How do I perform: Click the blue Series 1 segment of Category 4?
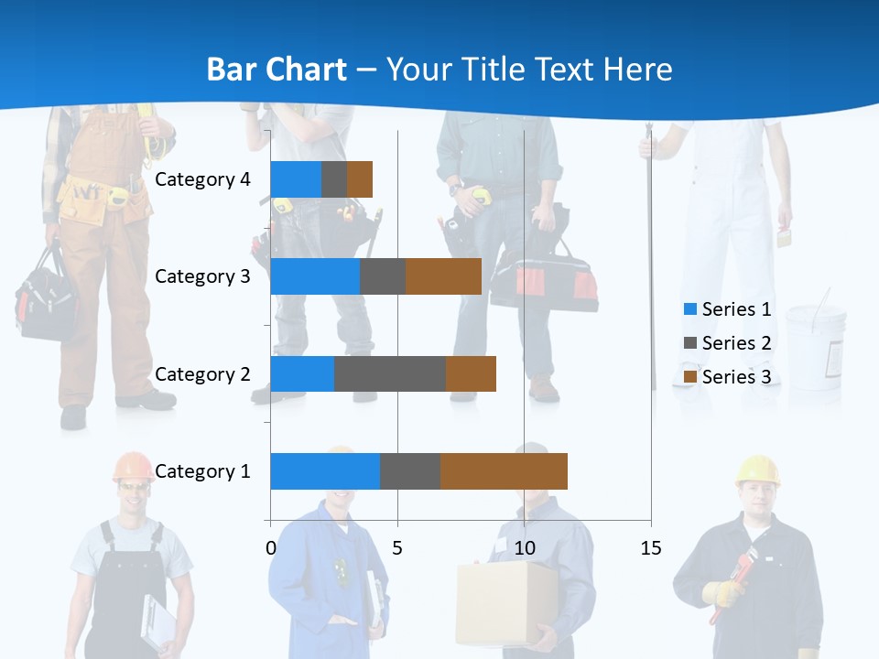296,179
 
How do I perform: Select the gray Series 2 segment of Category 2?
390,373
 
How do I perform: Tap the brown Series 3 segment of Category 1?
504,470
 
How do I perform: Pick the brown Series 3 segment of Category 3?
443,276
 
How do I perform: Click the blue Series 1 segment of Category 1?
325,470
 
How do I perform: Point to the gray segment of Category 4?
334,179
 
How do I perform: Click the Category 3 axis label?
202,276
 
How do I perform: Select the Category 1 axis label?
202,471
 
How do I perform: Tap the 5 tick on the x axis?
397,548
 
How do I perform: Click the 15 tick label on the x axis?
650,548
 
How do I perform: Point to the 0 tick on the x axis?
270,548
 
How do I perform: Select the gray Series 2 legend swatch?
690,343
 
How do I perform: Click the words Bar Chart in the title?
276,70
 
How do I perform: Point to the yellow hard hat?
757,469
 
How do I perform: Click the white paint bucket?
814,344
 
